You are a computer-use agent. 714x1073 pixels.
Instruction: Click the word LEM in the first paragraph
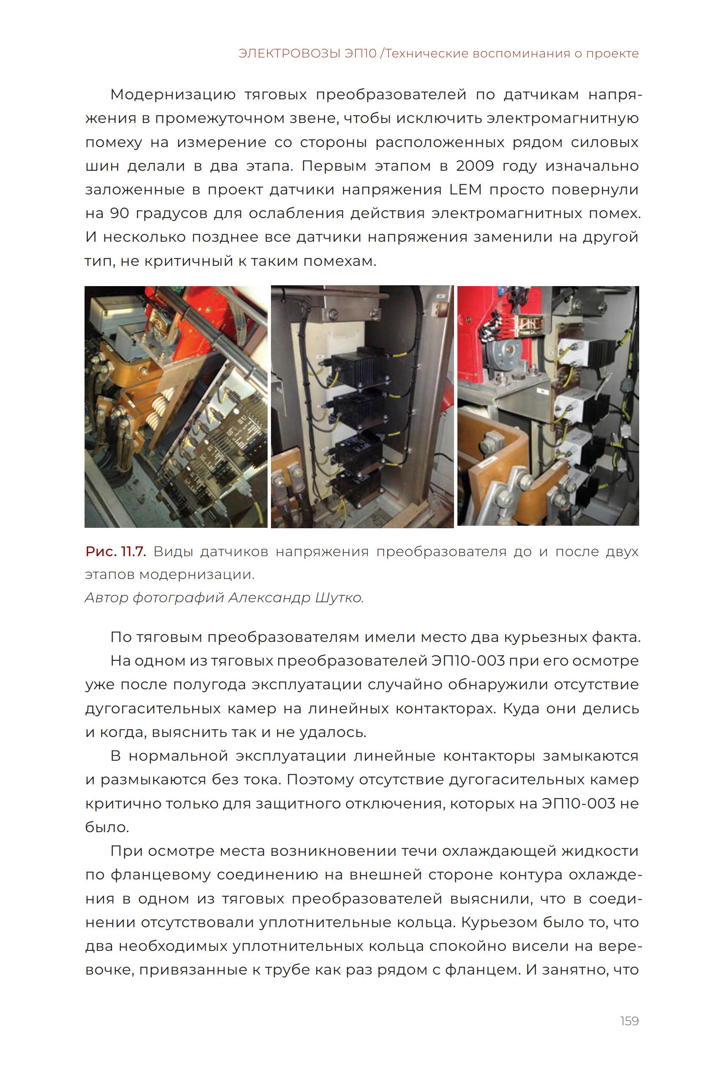465,189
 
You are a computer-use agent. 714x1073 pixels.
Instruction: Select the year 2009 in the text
474,166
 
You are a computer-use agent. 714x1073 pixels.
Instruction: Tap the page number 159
629,1021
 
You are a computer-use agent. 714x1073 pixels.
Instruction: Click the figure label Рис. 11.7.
116,552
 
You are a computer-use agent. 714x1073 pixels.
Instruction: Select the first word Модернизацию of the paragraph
172,95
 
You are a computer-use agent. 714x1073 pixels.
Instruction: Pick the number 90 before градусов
119,213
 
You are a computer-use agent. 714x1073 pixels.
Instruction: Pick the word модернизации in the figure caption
196,574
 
